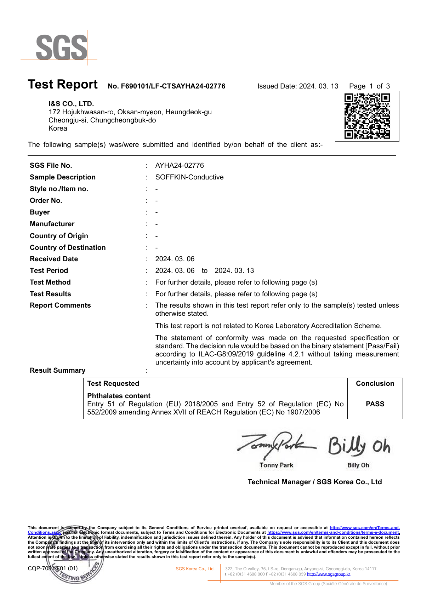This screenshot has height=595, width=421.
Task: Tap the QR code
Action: pos(367,116)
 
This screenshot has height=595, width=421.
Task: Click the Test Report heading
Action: pos(63,85)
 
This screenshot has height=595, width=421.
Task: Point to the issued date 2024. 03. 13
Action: pos(318,86)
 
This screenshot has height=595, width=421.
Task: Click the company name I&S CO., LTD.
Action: pos(71,104)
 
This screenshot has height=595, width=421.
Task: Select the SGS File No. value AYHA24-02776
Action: pos(180,166)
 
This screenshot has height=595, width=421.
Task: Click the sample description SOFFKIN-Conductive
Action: pos(189,177)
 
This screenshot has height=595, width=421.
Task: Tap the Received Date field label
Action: pos(54,259)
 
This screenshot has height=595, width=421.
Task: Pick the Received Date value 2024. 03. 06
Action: pos(175,259)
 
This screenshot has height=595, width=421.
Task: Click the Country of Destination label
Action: pos(68,248)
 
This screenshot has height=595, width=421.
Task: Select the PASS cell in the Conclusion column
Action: pos(375,404)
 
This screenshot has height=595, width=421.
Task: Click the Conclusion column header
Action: pos(375,384)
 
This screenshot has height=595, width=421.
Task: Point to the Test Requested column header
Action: pos(113,384)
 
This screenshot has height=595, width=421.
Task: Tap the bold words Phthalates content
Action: pos(119,396)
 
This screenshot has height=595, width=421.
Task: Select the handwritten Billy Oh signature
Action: pos(359,446)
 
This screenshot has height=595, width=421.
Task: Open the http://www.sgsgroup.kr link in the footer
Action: pos(328,574)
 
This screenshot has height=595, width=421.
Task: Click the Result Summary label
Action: pos(58,371)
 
